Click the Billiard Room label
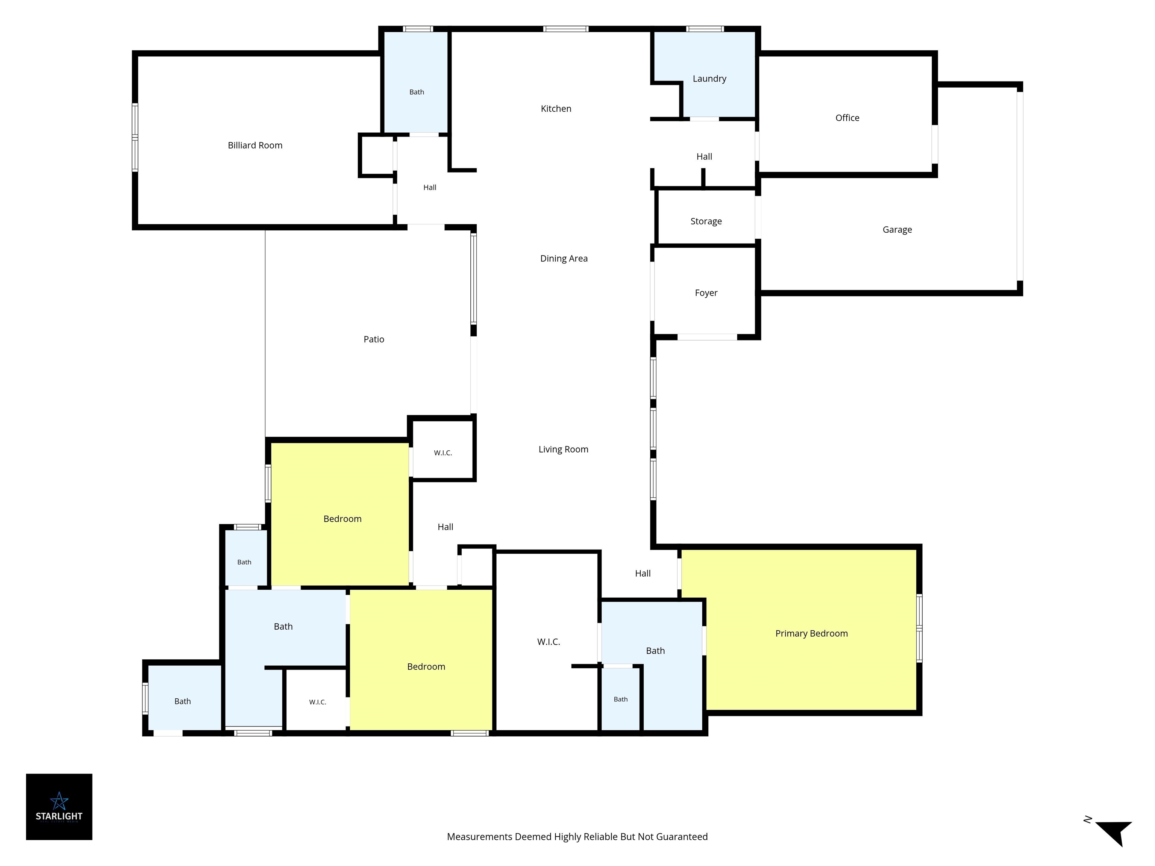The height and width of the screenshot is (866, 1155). coord(255,145)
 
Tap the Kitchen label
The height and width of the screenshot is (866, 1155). coord(556,109)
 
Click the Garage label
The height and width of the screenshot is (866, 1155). coord(897,230)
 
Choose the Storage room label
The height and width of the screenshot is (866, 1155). coord(706,221)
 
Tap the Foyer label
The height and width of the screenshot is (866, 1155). coord(706,293)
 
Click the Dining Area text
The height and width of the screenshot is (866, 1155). coord(564,258)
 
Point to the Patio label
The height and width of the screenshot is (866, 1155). coord(373,339)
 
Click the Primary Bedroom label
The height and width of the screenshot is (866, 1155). coord(811,634)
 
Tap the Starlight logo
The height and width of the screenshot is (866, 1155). coord(59,807)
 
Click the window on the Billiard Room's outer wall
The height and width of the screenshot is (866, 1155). coord(135,137)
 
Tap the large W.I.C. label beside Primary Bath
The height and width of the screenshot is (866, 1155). coord(548,642)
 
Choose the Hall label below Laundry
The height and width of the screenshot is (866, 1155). coord(704,157)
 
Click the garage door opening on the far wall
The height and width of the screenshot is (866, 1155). coord(1019,186)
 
